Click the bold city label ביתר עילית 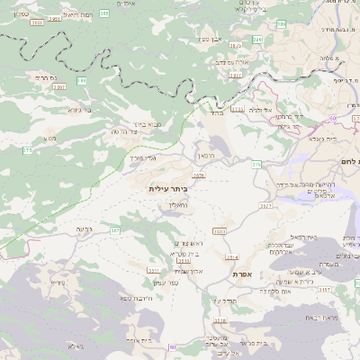(x=170, y=189)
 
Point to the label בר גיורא (x=80, y=110)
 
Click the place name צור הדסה (x=124, y=132)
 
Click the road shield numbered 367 (x=115, y=231)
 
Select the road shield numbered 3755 (x=238, y=109)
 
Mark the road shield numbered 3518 (x=220, y=319)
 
